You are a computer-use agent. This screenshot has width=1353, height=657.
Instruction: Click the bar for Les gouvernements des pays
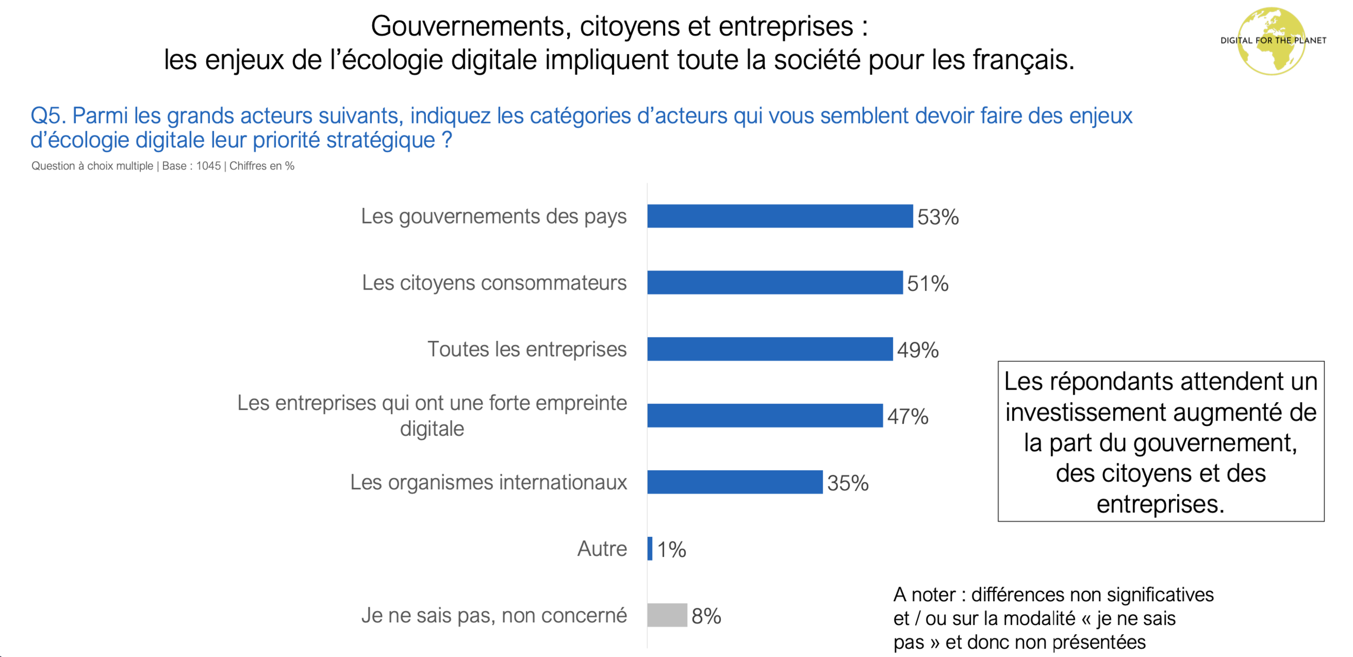point(779,216)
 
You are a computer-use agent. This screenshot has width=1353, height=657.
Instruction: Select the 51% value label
point(928,284)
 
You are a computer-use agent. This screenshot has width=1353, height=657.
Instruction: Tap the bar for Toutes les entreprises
point(770,349)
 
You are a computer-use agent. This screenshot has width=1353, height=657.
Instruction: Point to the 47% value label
point(908,417)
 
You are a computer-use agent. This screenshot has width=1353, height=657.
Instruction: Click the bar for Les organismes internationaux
point(734,482)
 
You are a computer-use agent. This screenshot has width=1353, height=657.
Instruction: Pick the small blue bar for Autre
point(649,549)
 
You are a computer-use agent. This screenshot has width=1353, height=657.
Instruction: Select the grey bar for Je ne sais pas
point(667,615)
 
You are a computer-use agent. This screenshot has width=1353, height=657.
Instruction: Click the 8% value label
point(706,616)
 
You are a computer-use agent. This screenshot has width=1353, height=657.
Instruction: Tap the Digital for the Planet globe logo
point(1272,41)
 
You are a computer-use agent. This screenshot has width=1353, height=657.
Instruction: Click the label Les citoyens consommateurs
point(494,282)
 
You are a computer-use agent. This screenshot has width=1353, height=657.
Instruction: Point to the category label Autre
point(602,549)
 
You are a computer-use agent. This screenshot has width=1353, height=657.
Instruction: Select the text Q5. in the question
point(48,116)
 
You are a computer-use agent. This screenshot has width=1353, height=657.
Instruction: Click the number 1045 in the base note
point(208,166)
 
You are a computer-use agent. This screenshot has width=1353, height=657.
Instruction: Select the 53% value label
point(938,217)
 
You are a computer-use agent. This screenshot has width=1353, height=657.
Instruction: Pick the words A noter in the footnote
point(924,595)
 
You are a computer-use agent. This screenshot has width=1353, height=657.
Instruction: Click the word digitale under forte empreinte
point(432,429)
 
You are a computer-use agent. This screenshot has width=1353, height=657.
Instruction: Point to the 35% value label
point(848,483)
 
